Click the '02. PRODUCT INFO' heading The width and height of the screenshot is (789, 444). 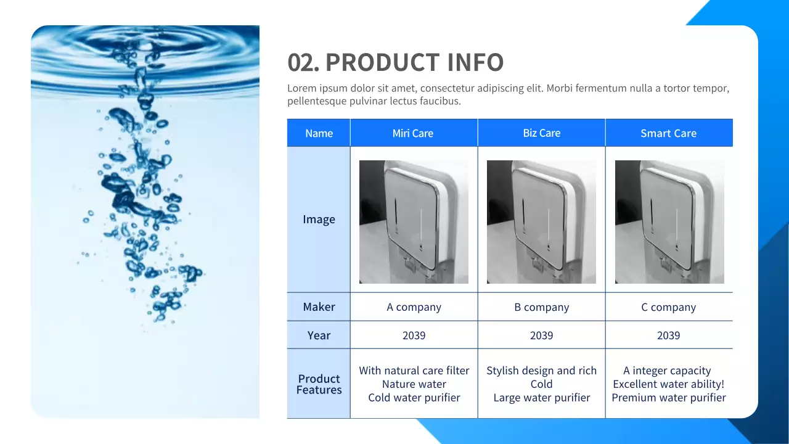coord(396,62)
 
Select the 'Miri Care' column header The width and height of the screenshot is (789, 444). coord(413,133)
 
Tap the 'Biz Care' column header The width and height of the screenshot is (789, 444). coord(541,133)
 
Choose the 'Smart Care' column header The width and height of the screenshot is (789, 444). coord(668,133)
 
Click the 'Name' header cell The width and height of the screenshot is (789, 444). coord(319,133)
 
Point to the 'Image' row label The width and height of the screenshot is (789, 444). coord(319,220)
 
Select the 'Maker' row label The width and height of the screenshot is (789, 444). coord(319,307)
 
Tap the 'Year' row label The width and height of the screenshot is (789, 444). coord(319,335)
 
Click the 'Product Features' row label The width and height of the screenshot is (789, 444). coord(319,384)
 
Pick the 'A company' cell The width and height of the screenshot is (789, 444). coord(414,307)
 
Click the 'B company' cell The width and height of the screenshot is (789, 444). coord(541,307)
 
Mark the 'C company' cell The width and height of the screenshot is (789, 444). coord(668,307)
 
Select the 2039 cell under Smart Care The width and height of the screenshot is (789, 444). coord(668,335)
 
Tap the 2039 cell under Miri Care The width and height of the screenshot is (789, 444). coord(414,335)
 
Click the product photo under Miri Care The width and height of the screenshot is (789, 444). coord(414,222)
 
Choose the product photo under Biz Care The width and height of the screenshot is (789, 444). coord(541,222)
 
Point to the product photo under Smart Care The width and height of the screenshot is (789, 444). coord(669,222)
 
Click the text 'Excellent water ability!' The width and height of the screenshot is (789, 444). coord(668,384)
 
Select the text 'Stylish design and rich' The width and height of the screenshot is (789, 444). coord(541,371)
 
